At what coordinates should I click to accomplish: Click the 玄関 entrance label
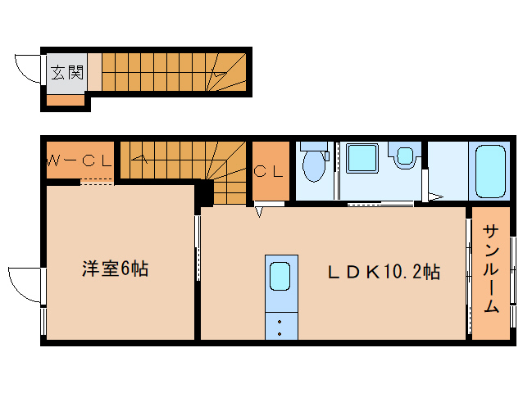(67, 72)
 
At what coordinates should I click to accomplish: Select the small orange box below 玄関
(65, 101)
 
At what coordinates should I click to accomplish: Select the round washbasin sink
(403, 156)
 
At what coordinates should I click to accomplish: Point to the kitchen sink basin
(280, 276)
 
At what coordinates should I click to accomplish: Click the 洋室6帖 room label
(115, 268)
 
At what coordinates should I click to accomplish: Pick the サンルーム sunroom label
(490, 268)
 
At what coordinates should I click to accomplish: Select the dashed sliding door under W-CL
(97, 183)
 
